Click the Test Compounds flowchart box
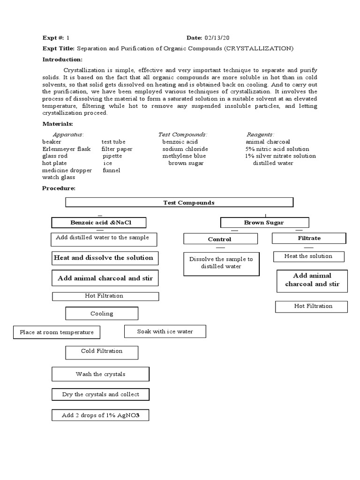179,202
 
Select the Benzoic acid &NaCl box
98,222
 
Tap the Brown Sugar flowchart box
264,222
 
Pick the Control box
220,239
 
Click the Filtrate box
309,238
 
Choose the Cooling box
102,314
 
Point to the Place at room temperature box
57,332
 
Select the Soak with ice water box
165,331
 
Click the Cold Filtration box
102,351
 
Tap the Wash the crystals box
100,374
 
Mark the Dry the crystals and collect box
100,394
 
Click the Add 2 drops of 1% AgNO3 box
100,415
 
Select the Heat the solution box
308,256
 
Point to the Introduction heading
62,60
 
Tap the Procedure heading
59,188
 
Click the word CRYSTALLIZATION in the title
259,48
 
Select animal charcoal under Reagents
268,142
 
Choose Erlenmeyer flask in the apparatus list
66,149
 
